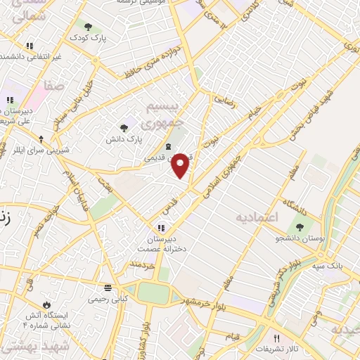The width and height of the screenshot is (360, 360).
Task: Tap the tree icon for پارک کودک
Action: pos(86,28)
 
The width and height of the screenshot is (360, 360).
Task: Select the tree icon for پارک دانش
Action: pos(124,127)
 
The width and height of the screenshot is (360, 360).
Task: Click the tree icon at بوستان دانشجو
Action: pos(300,226)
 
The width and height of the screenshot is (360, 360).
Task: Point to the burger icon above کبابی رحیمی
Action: pos(107,287)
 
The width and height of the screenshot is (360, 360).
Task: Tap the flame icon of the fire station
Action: pos(47,304)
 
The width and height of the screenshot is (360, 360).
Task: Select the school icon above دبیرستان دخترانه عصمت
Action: pos(161,227)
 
